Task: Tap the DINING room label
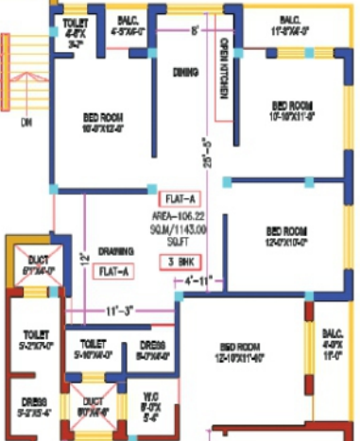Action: pos(183,71)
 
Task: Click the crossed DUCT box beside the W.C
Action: pos(94,409)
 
